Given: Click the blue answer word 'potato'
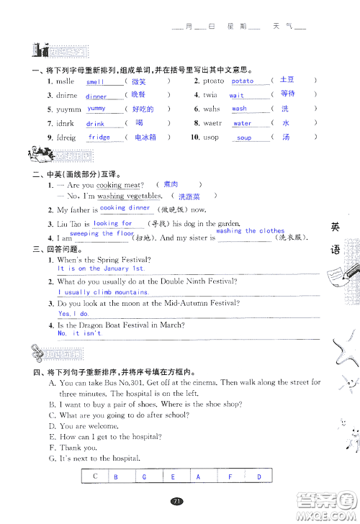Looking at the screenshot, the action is (x=242, y=81).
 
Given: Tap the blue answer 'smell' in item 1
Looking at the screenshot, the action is (x=96, y=82).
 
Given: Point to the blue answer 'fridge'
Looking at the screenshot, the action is (x=99, y=137).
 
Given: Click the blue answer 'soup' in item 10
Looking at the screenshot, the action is (x=244, y=137).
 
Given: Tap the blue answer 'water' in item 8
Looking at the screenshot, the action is (x=242, y=123).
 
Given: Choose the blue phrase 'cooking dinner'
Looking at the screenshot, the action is (x=124, y=207).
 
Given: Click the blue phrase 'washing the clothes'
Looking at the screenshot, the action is (x=250, y=231).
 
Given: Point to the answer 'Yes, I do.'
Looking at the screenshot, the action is (x=73, y=314).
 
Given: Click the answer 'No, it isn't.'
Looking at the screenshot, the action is (x=79, y=333).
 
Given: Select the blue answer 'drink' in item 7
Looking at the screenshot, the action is (x=95, y=124).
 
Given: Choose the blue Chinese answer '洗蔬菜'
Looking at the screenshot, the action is (x=189, y=196).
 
